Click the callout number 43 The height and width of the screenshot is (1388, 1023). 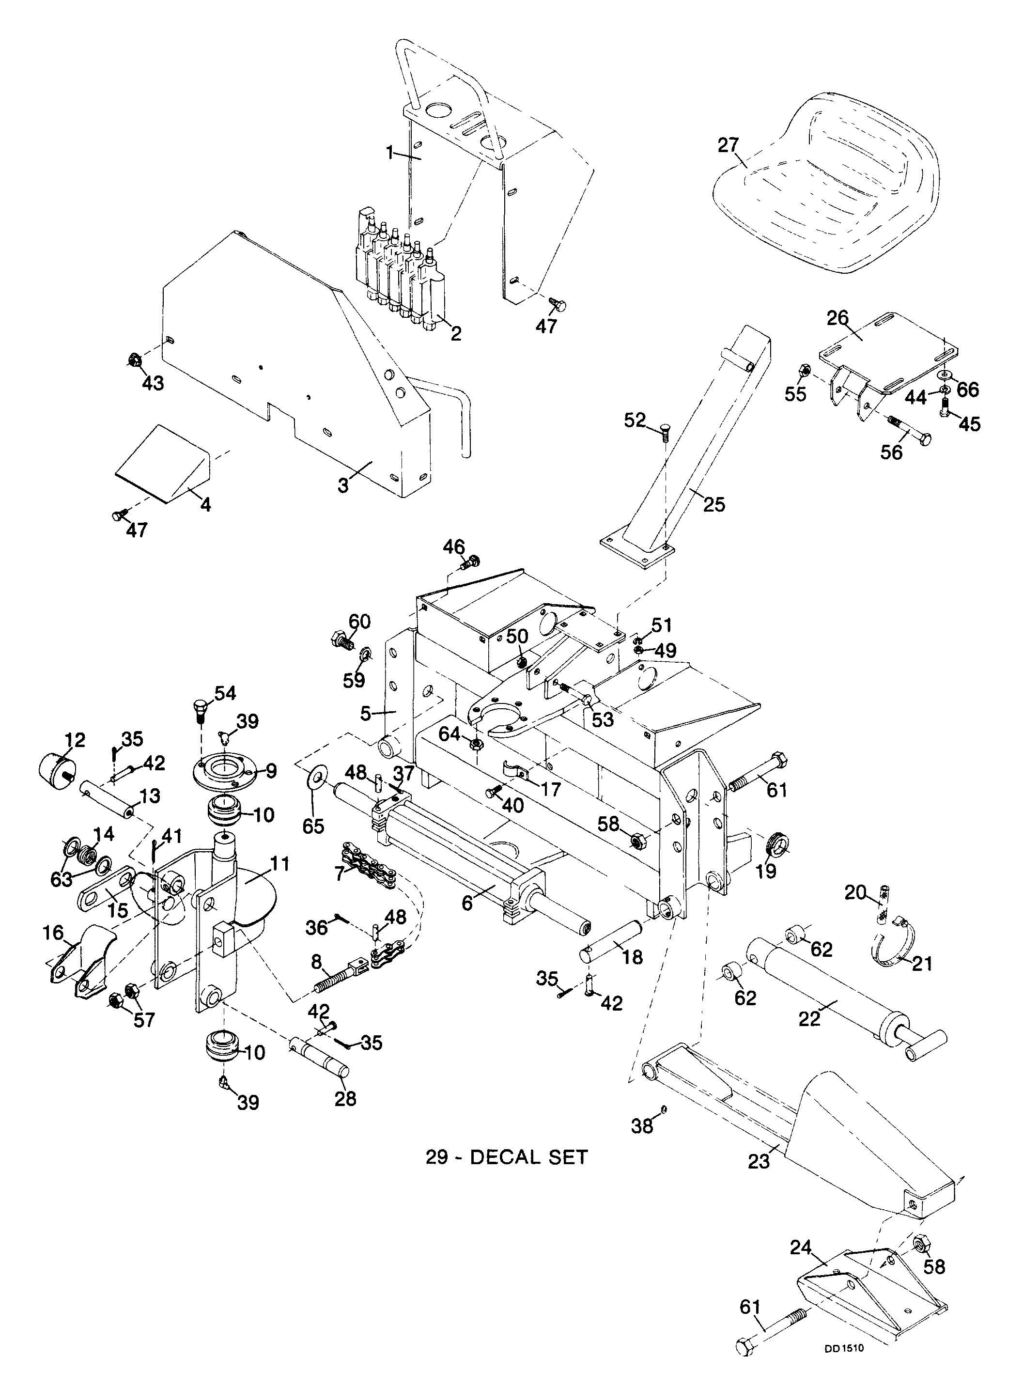tap(153, 383)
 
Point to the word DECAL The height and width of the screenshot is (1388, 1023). tap(498, 1156)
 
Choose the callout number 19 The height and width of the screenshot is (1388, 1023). tap(767, 871)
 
